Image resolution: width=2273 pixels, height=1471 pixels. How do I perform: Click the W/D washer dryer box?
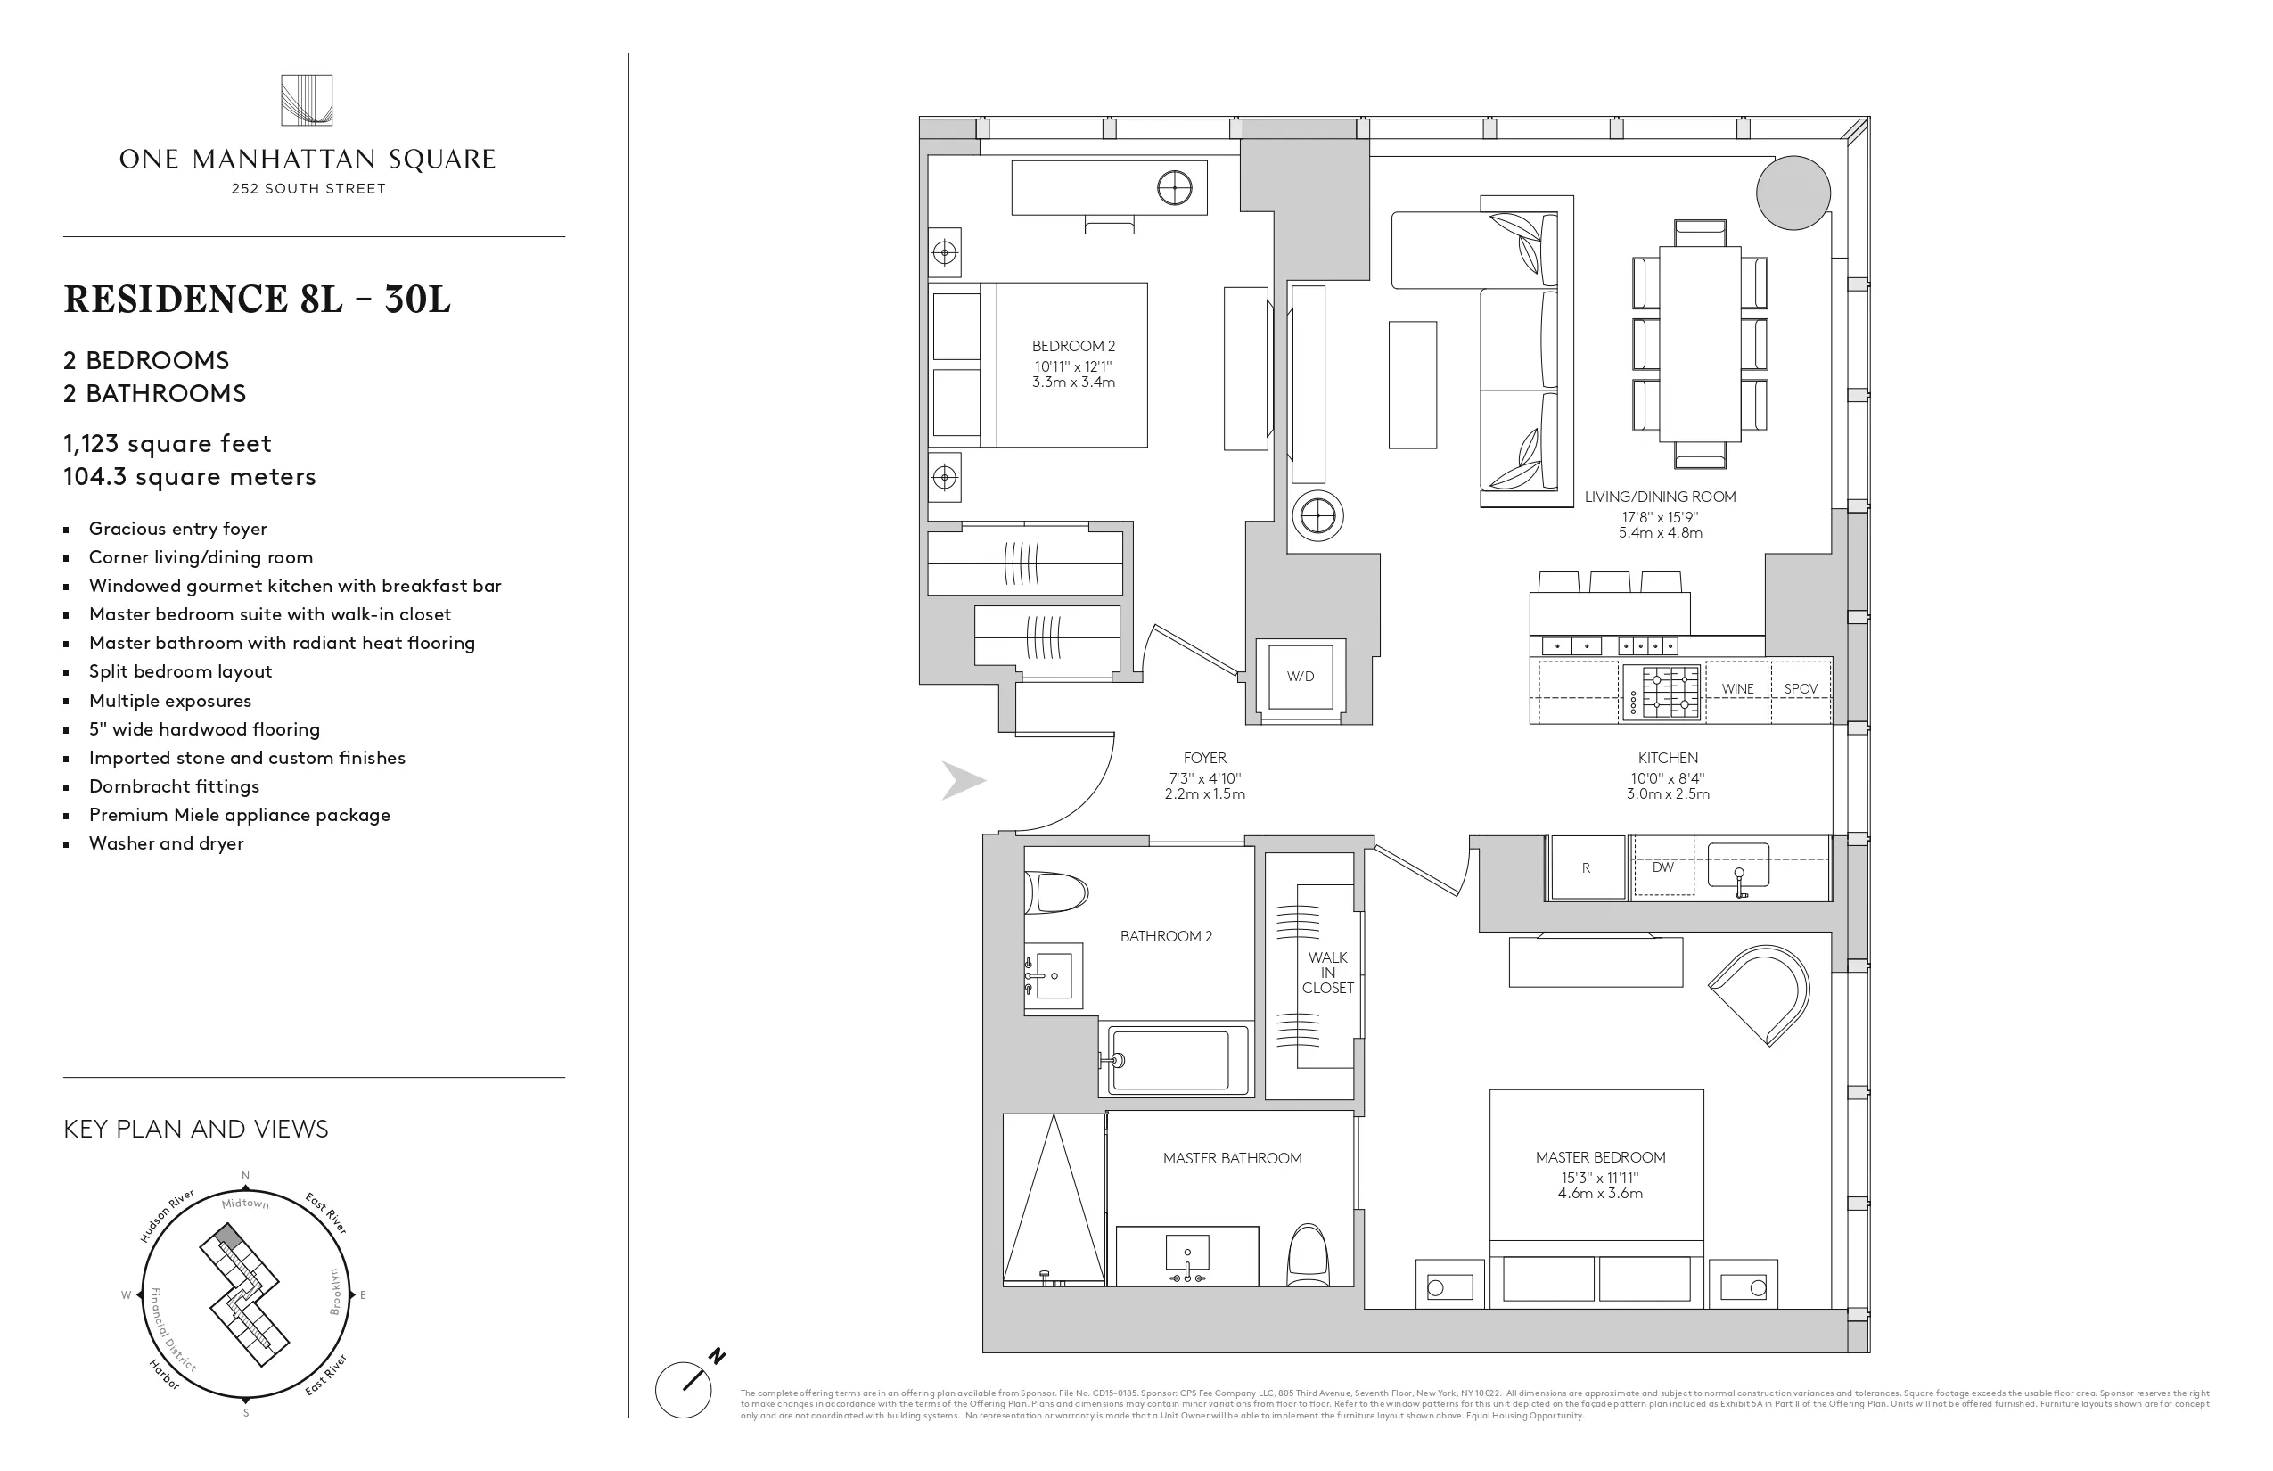tap(1300, 677)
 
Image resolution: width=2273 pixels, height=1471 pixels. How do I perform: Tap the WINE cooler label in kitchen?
tap(1737, 688)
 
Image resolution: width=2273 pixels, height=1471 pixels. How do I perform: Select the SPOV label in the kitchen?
tap(1801, 688)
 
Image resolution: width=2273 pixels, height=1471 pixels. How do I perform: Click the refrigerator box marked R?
tap(1587, 867)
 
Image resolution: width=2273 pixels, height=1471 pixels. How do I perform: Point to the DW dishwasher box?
tap(1663, 867)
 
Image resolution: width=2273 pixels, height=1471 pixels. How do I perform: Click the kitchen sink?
tap(1738, 865)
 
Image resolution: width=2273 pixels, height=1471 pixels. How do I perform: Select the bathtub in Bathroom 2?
tap(1178, 1060)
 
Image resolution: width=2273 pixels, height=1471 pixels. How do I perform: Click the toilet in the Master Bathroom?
tap(1308, 1256)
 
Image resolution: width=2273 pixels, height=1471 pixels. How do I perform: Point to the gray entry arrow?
tap(963, 780)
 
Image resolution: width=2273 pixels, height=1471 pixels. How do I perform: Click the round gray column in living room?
tap(1793, 193)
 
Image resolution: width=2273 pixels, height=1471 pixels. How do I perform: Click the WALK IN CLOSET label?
tap(1327, 973)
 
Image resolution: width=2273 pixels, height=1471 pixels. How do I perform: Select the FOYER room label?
tap(1204, 759)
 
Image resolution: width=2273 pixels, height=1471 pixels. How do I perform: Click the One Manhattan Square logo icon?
tap(307, 100)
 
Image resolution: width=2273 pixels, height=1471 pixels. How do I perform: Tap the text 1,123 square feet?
tap(168, 443)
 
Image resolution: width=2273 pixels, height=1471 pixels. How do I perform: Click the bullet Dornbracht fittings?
tap(174, 786)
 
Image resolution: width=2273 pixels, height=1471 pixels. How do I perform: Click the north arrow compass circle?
tap(684, 1389)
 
